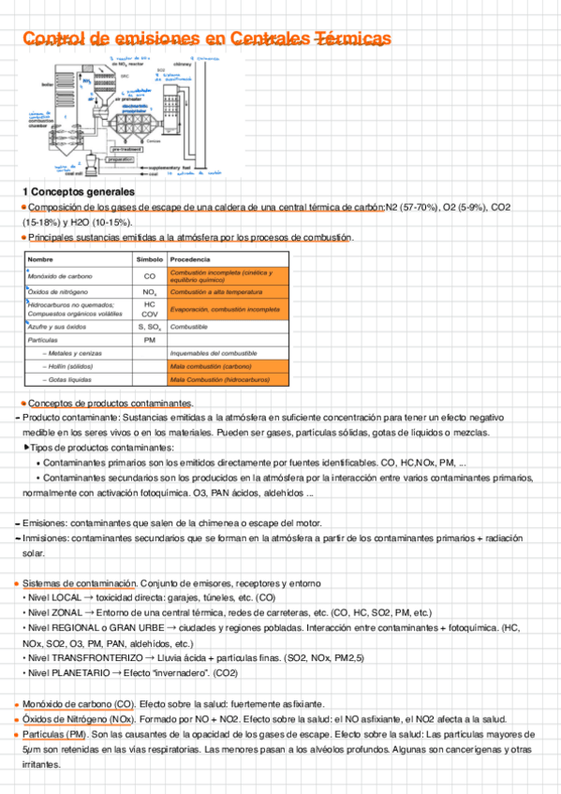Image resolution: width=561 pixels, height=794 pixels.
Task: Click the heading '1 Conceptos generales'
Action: [x=78, y=192]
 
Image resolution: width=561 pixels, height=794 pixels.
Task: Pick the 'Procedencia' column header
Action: [x=190, y=258]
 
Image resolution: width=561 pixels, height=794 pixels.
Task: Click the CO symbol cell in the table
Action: [x=149, y=276]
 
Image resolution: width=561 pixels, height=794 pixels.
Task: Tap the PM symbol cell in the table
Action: [x=149, y=340]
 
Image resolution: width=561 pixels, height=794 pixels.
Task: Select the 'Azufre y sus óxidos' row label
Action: [x=57, y=327]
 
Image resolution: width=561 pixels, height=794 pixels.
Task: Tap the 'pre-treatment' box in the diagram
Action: [x=126, y=149]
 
